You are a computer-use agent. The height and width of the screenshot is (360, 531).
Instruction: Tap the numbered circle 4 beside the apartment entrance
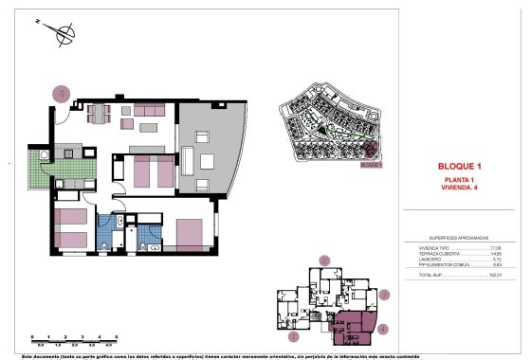pos(62,94)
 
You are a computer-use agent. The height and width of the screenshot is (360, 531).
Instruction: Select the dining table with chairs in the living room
pos(99,115)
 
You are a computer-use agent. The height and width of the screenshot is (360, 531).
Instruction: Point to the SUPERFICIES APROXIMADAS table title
pos(458,238)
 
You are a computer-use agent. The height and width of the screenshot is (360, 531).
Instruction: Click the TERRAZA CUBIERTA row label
pos(434,252)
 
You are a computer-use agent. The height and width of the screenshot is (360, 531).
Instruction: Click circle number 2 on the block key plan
pos(324,260)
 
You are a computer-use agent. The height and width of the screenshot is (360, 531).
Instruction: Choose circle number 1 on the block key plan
pos(294,334)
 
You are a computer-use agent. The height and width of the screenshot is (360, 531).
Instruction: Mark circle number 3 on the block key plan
pos(384,294)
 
